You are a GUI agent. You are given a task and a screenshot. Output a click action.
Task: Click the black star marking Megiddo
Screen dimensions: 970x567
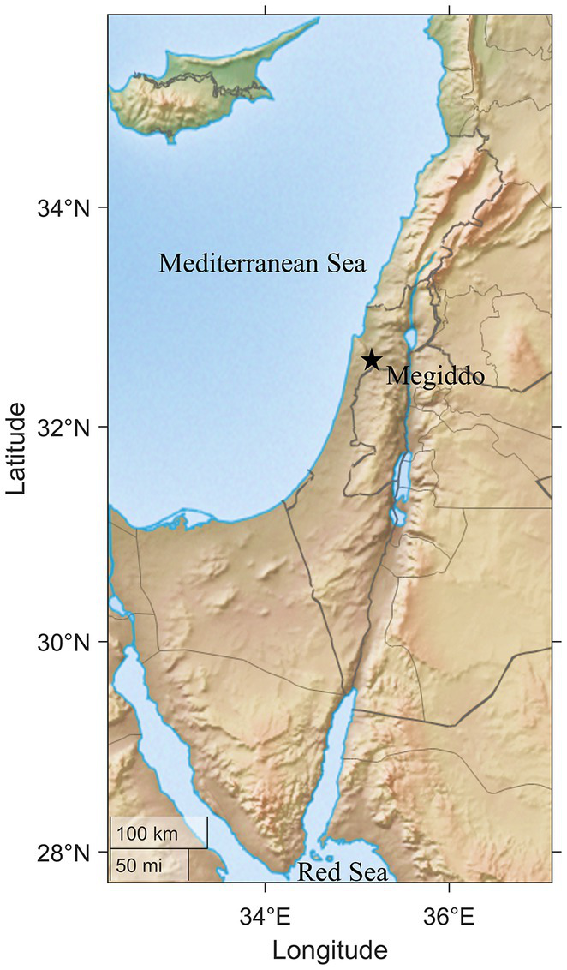[371, 360]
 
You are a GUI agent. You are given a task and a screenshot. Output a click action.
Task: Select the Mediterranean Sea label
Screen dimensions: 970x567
[262, 265]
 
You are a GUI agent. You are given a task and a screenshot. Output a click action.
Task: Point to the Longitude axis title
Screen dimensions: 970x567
[330, 950]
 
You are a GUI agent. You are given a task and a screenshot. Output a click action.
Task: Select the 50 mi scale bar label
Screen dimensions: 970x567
[137, 865]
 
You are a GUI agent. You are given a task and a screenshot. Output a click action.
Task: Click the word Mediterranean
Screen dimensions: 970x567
[237, 265]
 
